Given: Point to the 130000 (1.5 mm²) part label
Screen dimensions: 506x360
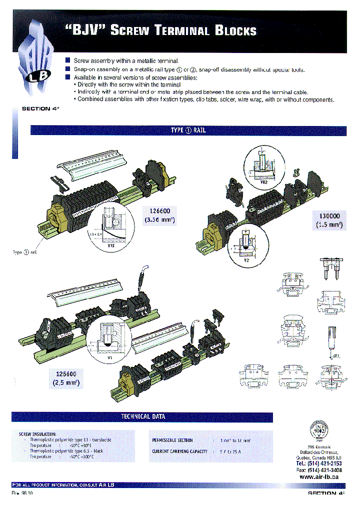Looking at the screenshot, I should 329,220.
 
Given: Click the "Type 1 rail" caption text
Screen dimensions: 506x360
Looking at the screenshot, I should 24,252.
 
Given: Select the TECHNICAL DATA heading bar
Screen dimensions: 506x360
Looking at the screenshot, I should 143,416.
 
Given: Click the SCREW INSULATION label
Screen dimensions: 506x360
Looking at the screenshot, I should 37,434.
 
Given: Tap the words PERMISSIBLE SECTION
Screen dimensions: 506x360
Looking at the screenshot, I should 172,440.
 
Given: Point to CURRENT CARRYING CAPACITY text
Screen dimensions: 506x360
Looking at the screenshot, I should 179,451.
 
